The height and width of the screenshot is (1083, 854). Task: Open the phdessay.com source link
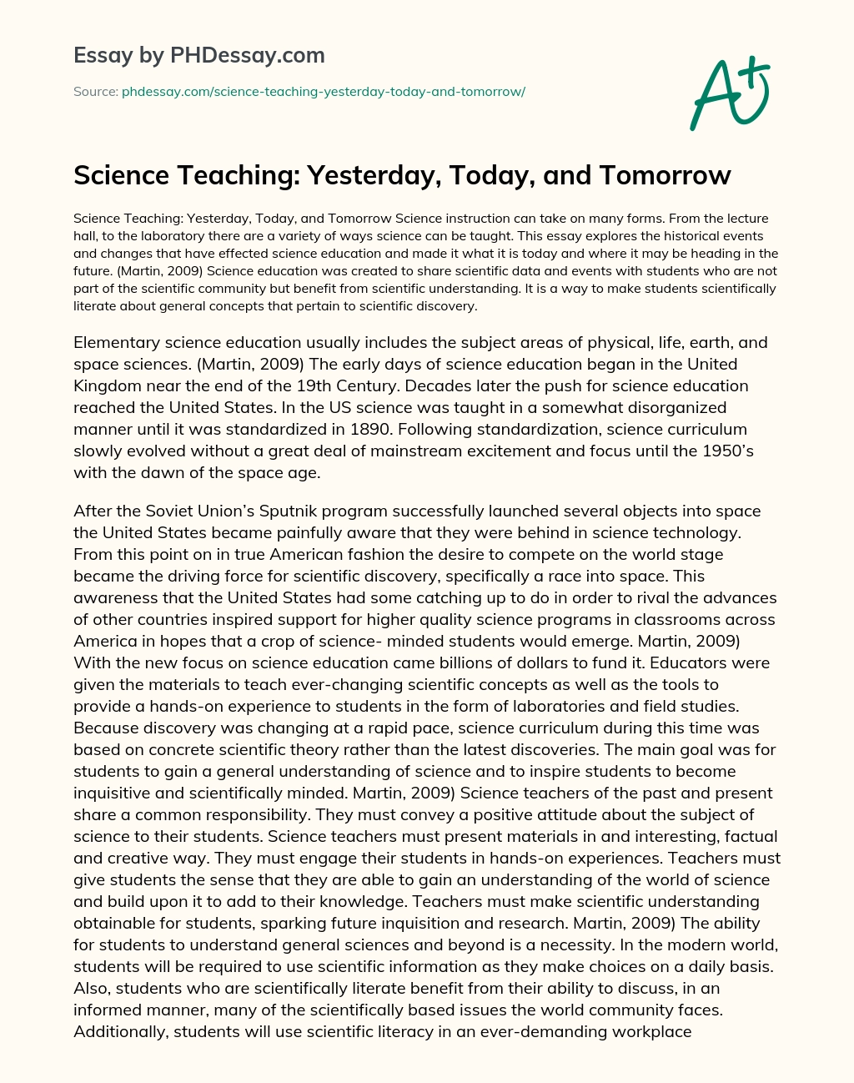coord(324,92)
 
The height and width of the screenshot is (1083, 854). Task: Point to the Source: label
coord(96,92)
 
